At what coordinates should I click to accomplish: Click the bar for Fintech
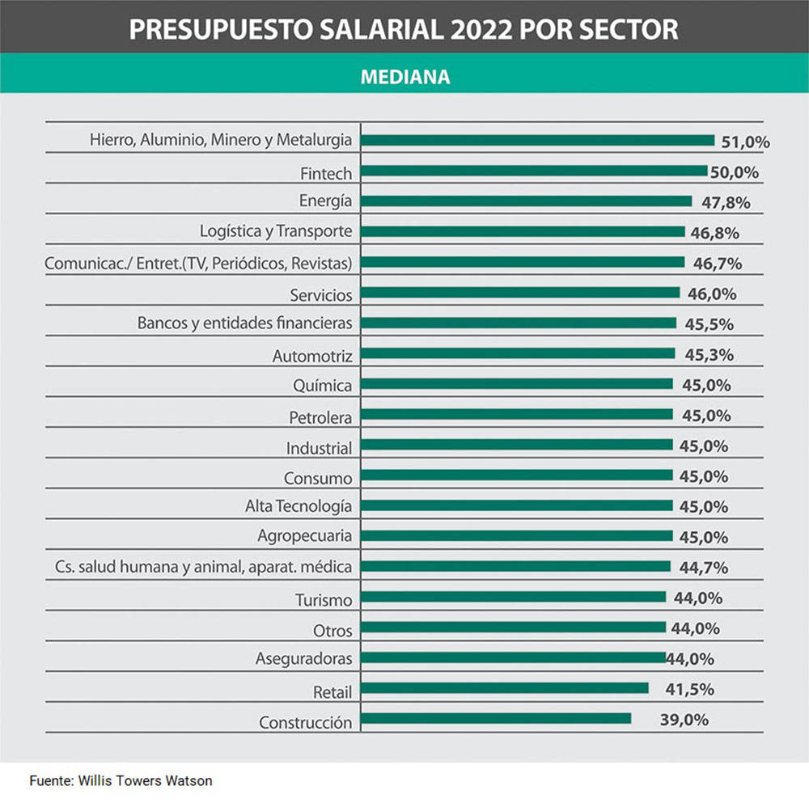pyautogui.click(x=534, y=171)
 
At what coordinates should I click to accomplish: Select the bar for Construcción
pyautogui.click(x=496, y=718)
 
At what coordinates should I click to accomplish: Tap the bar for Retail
pyautogui.click(x=505, y=687)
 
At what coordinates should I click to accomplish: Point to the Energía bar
pyautogui.click(x=526, y=201)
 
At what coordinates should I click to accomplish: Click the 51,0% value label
pyautogui.click(x=745, y=142)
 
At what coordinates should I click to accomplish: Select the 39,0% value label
pyautogui.click(x=684, y=720)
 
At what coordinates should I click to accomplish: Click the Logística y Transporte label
pyautogui.click(x=276, y=231)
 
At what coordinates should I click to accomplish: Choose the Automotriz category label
pyautogui.click(x=312, y=355)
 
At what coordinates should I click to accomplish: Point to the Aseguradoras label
pyautogui.click(x=304, y=658)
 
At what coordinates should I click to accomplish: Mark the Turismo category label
pyautogui.click(x=324, y=600)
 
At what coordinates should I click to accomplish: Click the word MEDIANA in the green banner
pyautogui.click(x=405, y=77)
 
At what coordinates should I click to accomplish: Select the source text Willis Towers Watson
pyautogui.click(x=146, y=781)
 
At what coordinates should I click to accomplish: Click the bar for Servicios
pyautogui.click(x=520, y=292)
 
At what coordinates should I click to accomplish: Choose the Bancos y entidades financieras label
pyautogui.click(x=245, y=323)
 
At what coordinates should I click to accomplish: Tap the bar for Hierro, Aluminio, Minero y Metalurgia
pyautogui.click(x=537, y=140)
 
